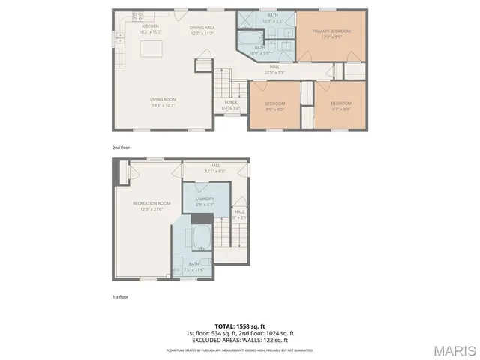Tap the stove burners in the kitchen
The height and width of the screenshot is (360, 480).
(x=138, y=16)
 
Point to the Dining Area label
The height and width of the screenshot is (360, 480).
(x=204, y=31)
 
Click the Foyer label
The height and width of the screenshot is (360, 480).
(x=231, y=105)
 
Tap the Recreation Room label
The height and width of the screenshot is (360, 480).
(x=151, y=206)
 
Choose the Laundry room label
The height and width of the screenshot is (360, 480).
(x=205, y=201)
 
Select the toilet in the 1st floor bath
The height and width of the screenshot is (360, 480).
(x=178, y=268)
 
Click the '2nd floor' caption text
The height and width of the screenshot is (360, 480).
(x=121, y=148)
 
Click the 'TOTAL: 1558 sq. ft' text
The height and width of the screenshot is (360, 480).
(x=240, y=325)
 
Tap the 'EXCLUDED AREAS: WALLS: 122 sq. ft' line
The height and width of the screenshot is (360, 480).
(x=240, y=339)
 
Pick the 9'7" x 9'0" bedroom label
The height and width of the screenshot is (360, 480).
(x=341, y=105)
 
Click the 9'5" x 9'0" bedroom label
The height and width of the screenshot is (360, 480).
(x=274, y=105)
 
